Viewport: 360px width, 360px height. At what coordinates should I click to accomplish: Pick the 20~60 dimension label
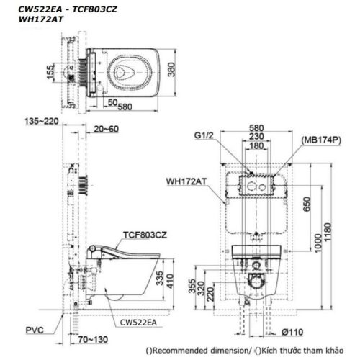tap(106, 129)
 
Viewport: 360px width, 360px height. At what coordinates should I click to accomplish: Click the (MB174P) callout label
tap(321, 140)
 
